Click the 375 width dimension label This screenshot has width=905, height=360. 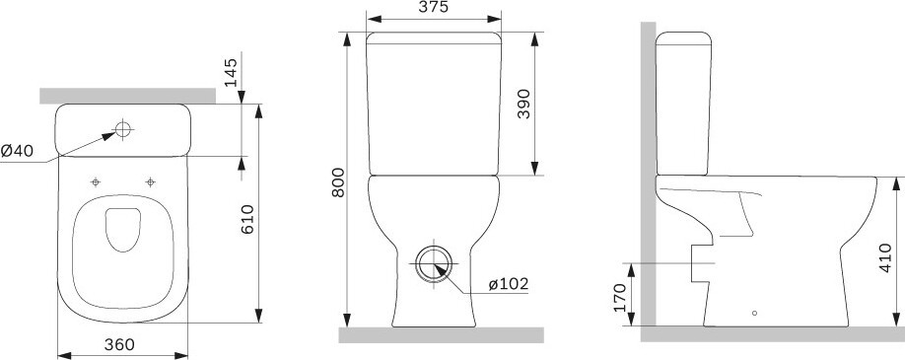click(x=435, y=7)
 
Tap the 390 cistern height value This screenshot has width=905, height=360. click(x=523, y=104)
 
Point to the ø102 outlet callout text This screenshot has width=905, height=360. click(x=509, y=284)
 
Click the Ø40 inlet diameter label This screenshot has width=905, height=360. click(x=17, y=151)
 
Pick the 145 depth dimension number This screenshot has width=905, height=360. click(x=231, y=72)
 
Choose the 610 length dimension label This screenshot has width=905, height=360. click(x=247, y=219)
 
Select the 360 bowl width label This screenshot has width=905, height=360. click(x=119, y=344)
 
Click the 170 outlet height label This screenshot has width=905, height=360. click(x=620, y=298)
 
